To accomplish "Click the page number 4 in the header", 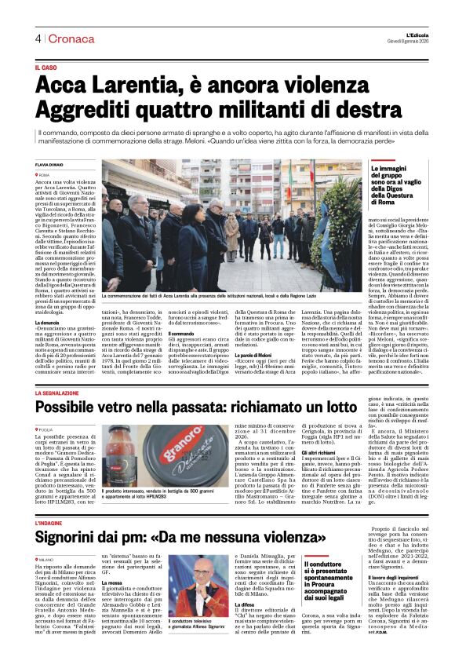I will click(37, 39).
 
